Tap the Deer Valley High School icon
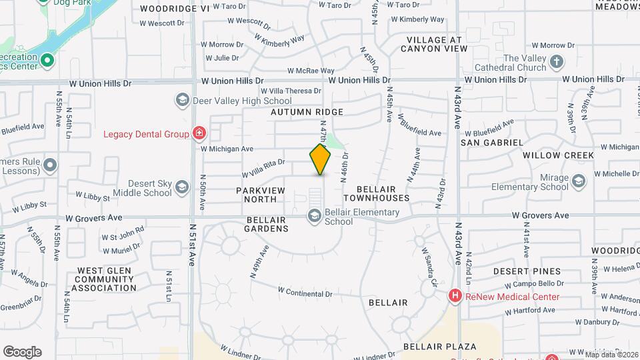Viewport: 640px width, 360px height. click(x=182, y=101)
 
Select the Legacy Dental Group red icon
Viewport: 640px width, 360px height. click(x=198, y=134)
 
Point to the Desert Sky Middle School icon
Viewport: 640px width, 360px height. click(x=182, y=188)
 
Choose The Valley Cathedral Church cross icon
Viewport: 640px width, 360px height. click(x=557, y=63)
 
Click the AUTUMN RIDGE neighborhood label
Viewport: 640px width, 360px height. click(x=307, y=112)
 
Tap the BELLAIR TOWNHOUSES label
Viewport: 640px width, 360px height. click(x=377, y=194)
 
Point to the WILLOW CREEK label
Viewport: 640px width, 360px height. click(x=558, y=155)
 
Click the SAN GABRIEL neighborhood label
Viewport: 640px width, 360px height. click(x=492, y=143)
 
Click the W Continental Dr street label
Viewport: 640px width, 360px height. click(x=305, y=293)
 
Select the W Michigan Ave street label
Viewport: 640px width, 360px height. click(x=227, y=149)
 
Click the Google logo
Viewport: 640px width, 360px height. click(x=22, y=351)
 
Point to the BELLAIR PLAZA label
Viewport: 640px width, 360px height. click(x=439, y=347)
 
